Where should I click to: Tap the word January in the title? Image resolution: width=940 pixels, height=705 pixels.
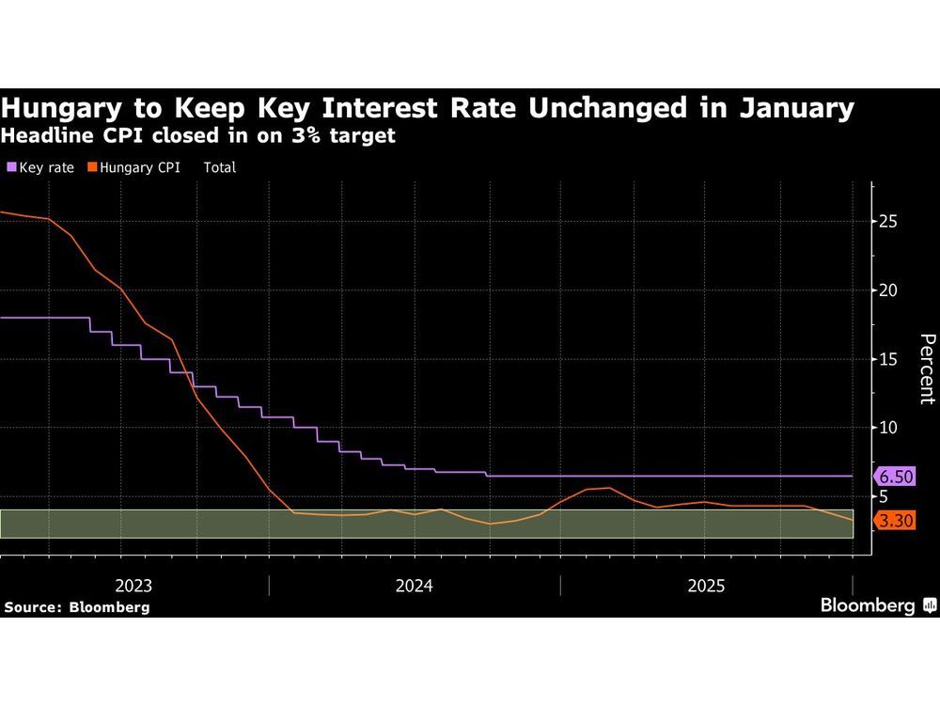[798, 108]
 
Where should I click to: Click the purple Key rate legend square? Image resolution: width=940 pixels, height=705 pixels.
[11, 167]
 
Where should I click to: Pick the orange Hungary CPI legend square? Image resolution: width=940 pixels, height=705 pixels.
[91, 167]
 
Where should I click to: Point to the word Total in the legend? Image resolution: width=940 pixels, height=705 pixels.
[219, 167]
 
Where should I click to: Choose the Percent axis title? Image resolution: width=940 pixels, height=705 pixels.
[927, 368]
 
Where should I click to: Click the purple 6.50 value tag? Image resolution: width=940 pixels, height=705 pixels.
[894, 476]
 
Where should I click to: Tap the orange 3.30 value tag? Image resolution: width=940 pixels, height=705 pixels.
[894, 520]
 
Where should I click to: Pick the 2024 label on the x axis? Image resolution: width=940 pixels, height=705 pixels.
[415, 586]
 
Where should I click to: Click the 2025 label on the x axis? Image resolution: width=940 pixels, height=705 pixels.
[706, 586]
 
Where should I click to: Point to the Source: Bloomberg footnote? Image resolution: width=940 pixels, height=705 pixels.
[76, 607]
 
